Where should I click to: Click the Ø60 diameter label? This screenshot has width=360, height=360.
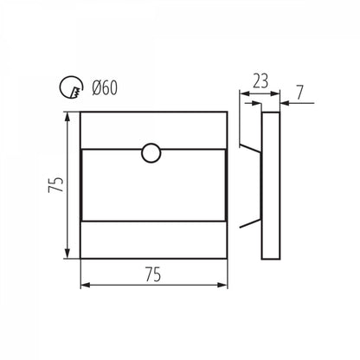pyautogui.click(x=105, y=87)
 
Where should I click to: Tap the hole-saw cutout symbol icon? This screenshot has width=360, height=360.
pyautogui.click(x=72, y=87)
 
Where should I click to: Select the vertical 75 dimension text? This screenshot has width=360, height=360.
pyautogui.click(x=56, y=184)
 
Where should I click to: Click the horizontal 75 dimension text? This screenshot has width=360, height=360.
pyautogui.click(x=153, y=274)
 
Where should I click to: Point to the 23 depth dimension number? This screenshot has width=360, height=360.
pyautogui.click(x=260, y=81)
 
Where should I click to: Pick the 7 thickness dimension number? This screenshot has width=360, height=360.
pyautogui.click(x=300, y=93)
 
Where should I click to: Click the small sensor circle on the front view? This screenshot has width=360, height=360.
pyautogui.click(x=151, y=153)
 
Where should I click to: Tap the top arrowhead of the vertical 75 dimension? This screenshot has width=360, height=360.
pyautogui.click(x=67, y=118)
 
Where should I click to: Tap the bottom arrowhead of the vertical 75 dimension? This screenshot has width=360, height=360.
pyautogui.click(x=67, y=253)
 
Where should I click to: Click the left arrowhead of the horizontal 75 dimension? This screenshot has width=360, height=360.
pyautogui.click(x=86, y=285)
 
